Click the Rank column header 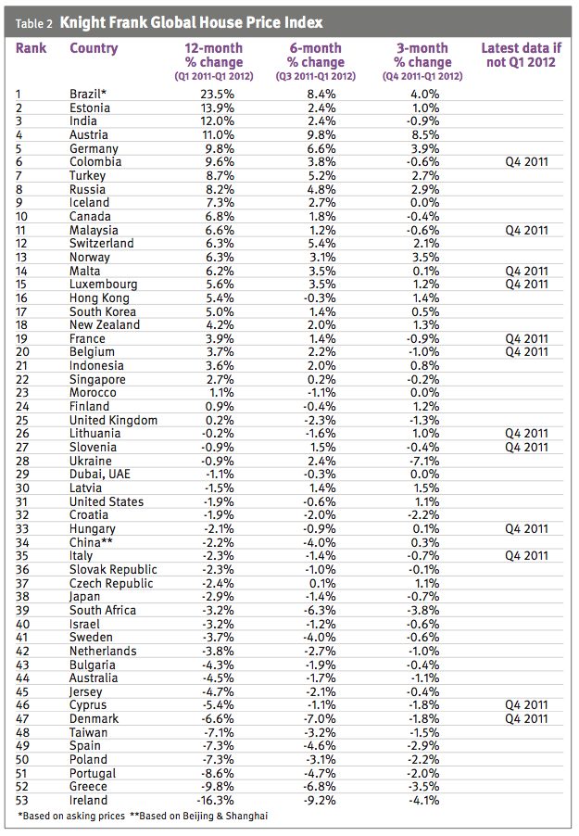[x=31, y=48]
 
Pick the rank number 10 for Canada [x=24, y=216]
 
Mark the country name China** [x=95, y=542]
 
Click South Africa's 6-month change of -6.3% [x=316, y=610]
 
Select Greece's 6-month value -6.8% [x=316, y=787]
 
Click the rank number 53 [x=24, y=800]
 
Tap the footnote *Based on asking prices [x=70, y=816]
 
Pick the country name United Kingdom [x=113, y=420]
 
